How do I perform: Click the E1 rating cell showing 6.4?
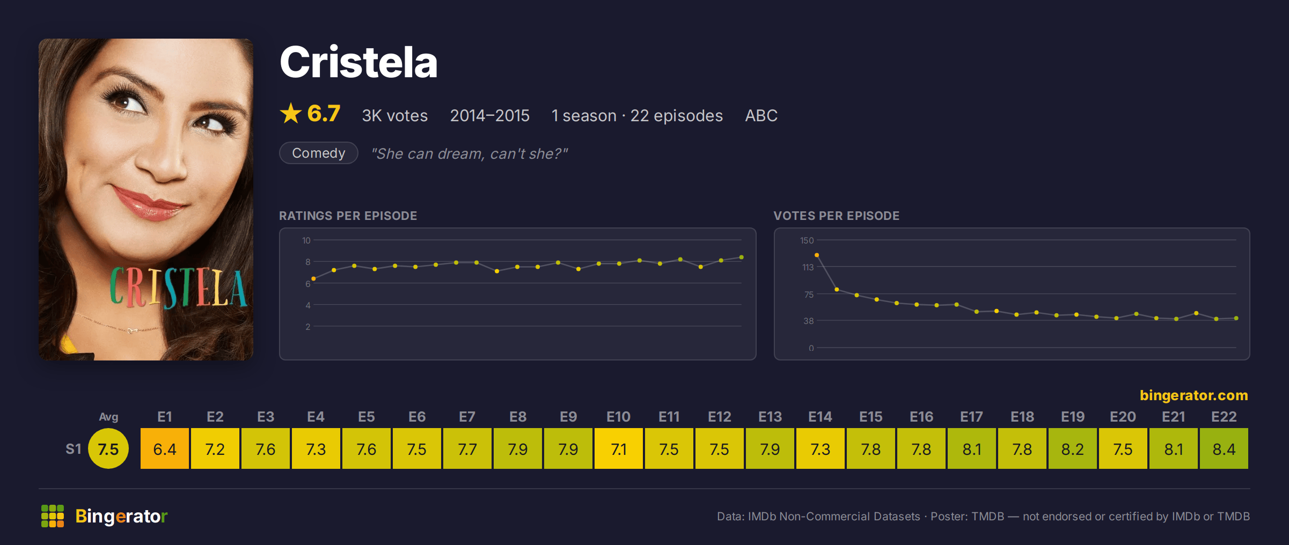pyautogui.click(x=165, y=448)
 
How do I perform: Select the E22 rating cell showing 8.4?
pyautogui.click(x=1224, y=448)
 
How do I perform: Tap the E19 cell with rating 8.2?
pyautogui.click(x=1073, y=448)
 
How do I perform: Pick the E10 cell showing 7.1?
pyautogui.click(x=619, y=448)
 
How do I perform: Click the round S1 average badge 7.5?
pyautogui.click(x=108, y=448)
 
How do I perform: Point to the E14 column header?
pyautogui.click(x=821, y=417)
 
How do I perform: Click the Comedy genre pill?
pyautogui.click(x=319, y=153)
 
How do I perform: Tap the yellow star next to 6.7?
pyautogui.click(x=291, y=113)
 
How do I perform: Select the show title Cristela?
pyautogui.click(x=358, y=62)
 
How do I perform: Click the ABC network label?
pyautogui.click(x=761, y=115)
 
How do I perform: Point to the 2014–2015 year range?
pyautogui.click(x=489, y=115)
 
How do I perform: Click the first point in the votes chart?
pyautogui.click(x=817, y=255)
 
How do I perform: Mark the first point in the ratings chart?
pyautogui.click(x=313, y=279)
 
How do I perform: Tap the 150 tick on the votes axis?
pyautogui.click(x=807, y=240)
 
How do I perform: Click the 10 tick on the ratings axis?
pyautogui.click(x=306, y=240)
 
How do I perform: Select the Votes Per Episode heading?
pyautogui.click(x=836, y=216)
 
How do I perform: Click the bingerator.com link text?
pyautogui.click(x=1193, y=395)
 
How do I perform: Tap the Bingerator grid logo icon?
pyautogui.click(x=53, y=516)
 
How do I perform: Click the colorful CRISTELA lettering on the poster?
pyautogui.click(x=178, y=288)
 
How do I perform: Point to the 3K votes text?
pyautogui.click(x=395, y=115)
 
